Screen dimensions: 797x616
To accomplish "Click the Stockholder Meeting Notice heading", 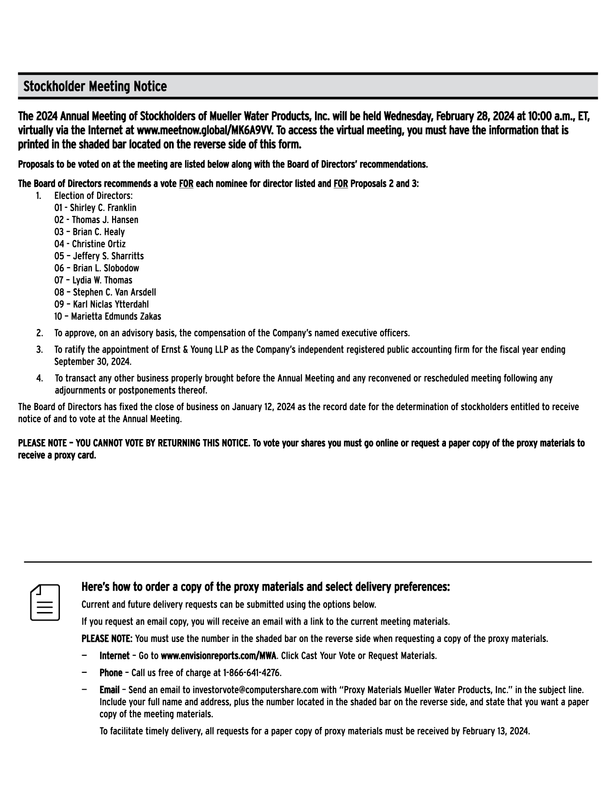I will click(x=95, y=86).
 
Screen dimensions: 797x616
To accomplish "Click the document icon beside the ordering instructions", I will click(x=45, y=602).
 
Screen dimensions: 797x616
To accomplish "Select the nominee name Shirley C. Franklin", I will click(x=103, y=208).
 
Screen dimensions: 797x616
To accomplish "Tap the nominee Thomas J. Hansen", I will click(x=105, y=220).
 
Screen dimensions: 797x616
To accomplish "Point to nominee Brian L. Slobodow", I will click(x=106, y=268).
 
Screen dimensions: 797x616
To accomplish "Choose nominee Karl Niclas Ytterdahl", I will click(x=111, y=304).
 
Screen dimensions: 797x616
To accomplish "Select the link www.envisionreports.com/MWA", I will click(x=218, y=655).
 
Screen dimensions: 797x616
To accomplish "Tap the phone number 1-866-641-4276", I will click(x=252, y=672).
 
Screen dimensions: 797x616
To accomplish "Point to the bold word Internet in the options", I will click(x=115, y=655).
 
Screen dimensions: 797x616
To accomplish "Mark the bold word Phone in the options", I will click(x=111, y=672).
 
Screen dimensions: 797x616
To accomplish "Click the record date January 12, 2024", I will click(x=263, y=407).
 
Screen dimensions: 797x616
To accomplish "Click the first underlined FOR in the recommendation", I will click(x=186, y=184).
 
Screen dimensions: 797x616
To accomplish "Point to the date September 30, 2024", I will click(x=92, y=361).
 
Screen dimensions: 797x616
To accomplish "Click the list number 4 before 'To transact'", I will click(x=39, y=378).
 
